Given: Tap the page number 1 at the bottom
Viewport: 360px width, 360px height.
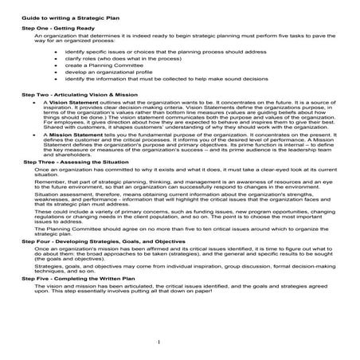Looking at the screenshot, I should (x=181, y=342).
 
